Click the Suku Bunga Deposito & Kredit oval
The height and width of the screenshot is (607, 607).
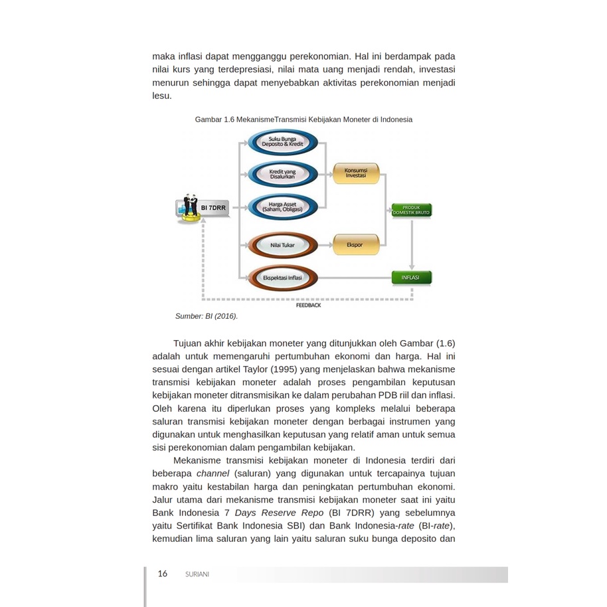pyautogui.click(x=282, y=142)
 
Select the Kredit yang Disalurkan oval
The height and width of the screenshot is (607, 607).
pyautogui.click(x=282, y=175)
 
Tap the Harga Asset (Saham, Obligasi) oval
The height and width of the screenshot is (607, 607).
pyautogui.click(x=282, y=207)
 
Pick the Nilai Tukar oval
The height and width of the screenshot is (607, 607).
pyautogui.click(x=282, y=245)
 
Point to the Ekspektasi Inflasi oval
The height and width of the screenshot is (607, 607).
pyautogui.click(x=282, y=278)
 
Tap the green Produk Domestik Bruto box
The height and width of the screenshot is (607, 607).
pyautogui.click(x=411, y=211)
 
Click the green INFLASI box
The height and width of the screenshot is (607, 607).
pyautogui.click(x=411, y=278)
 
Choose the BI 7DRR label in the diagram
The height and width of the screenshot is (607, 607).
pyautogui.click(x=213, y=208)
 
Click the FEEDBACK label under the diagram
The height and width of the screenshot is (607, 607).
pyautogui.click(x=308, y=305)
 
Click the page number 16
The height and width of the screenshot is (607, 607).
pyautogui.click(x=163, y=574)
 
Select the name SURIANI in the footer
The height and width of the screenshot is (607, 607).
pyautogui.click(x=197, y=574)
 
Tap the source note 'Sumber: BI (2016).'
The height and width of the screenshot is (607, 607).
pyautogui.click(x=206, y=317)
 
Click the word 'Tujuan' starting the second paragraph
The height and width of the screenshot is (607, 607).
pyautogui.click(x=189, y=343)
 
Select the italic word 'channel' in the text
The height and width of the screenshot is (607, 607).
pyautogui.click(x=213, y=474)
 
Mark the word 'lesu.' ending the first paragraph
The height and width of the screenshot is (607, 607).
pyautogui.click(x=162, y=96)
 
